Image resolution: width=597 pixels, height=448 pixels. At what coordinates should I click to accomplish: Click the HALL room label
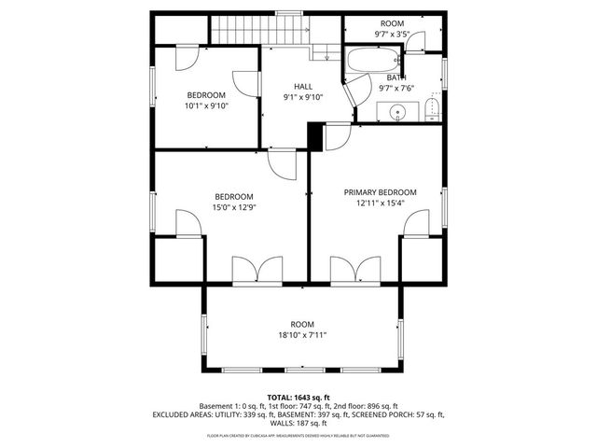point(303,86)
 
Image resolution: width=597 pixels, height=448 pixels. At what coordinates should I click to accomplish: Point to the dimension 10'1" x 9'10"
point(206,105)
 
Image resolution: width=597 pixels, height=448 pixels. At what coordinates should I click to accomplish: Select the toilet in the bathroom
point(430,114)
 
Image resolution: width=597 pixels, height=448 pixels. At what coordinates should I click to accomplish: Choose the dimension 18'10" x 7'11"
point(302,335)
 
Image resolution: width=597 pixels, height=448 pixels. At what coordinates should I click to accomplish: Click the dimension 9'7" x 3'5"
point(391,35)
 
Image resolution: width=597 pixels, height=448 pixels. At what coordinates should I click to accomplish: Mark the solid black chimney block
point(315,135)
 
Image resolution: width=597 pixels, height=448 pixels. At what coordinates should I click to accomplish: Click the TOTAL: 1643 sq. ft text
point(298,397)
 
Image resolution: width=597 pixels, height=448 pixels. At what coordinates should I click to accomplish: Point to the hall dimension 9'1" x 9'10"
point(303,97)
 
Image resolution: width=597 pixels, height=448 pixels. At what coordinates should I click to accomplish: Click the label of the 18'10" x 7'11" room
point(302,324)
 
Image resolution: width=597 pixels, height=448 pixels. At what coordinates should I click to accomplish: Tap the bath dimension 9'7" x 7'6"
point(396,89)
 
